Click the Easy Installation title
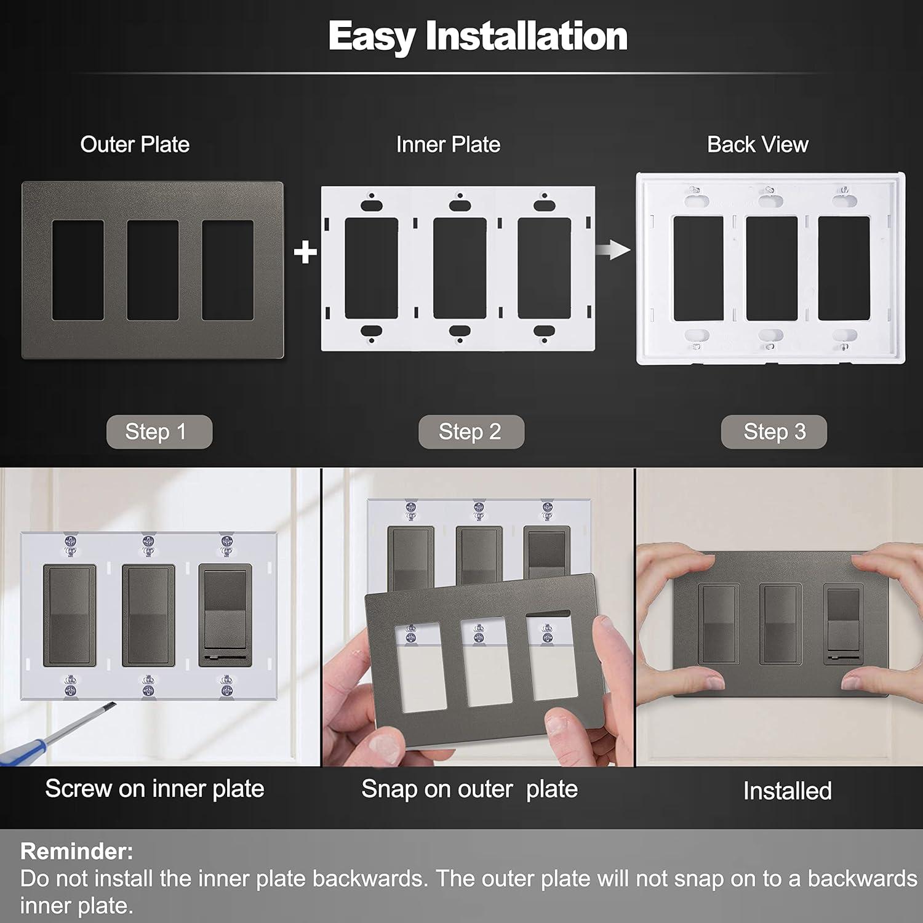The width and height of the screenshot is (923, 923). pos(477,36)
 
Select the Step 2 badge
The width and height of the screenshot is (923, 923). pos(471,431)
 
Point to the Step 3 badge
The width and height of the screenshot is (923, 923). pos(773,431)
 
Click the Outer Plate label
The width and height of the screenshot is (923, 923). pos(135,145)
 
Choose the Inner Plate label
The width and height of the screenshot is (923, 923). pos(448,145)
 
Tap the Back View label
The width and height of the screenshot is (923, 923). pos(757,145)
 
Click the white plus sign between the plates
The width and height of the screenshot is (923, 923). pos(305,252)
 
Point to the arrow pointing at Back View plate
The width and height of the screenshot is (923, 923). pos(613,250)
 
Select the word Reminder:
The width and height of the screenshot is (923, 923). pos(76,851)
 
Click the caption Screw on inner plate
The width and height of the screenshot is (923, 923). pos(154,789)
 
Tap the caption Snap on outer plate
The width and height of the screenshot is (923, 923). pos(469,789)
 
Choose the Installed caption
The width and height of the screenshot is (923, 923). pos(787,791)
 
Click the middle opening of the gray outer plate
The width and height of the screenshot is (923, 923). pos(153,270)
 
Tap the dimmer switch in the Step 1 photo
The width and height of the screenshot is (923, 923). pos(225,615)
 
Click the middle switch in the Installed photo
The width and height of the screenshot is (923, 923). pos(780,624)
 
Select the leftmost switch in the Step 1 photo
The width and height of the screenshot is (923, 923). pos(70,615)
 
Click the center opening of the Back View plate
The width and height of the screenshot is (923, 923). pos(772,268)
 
